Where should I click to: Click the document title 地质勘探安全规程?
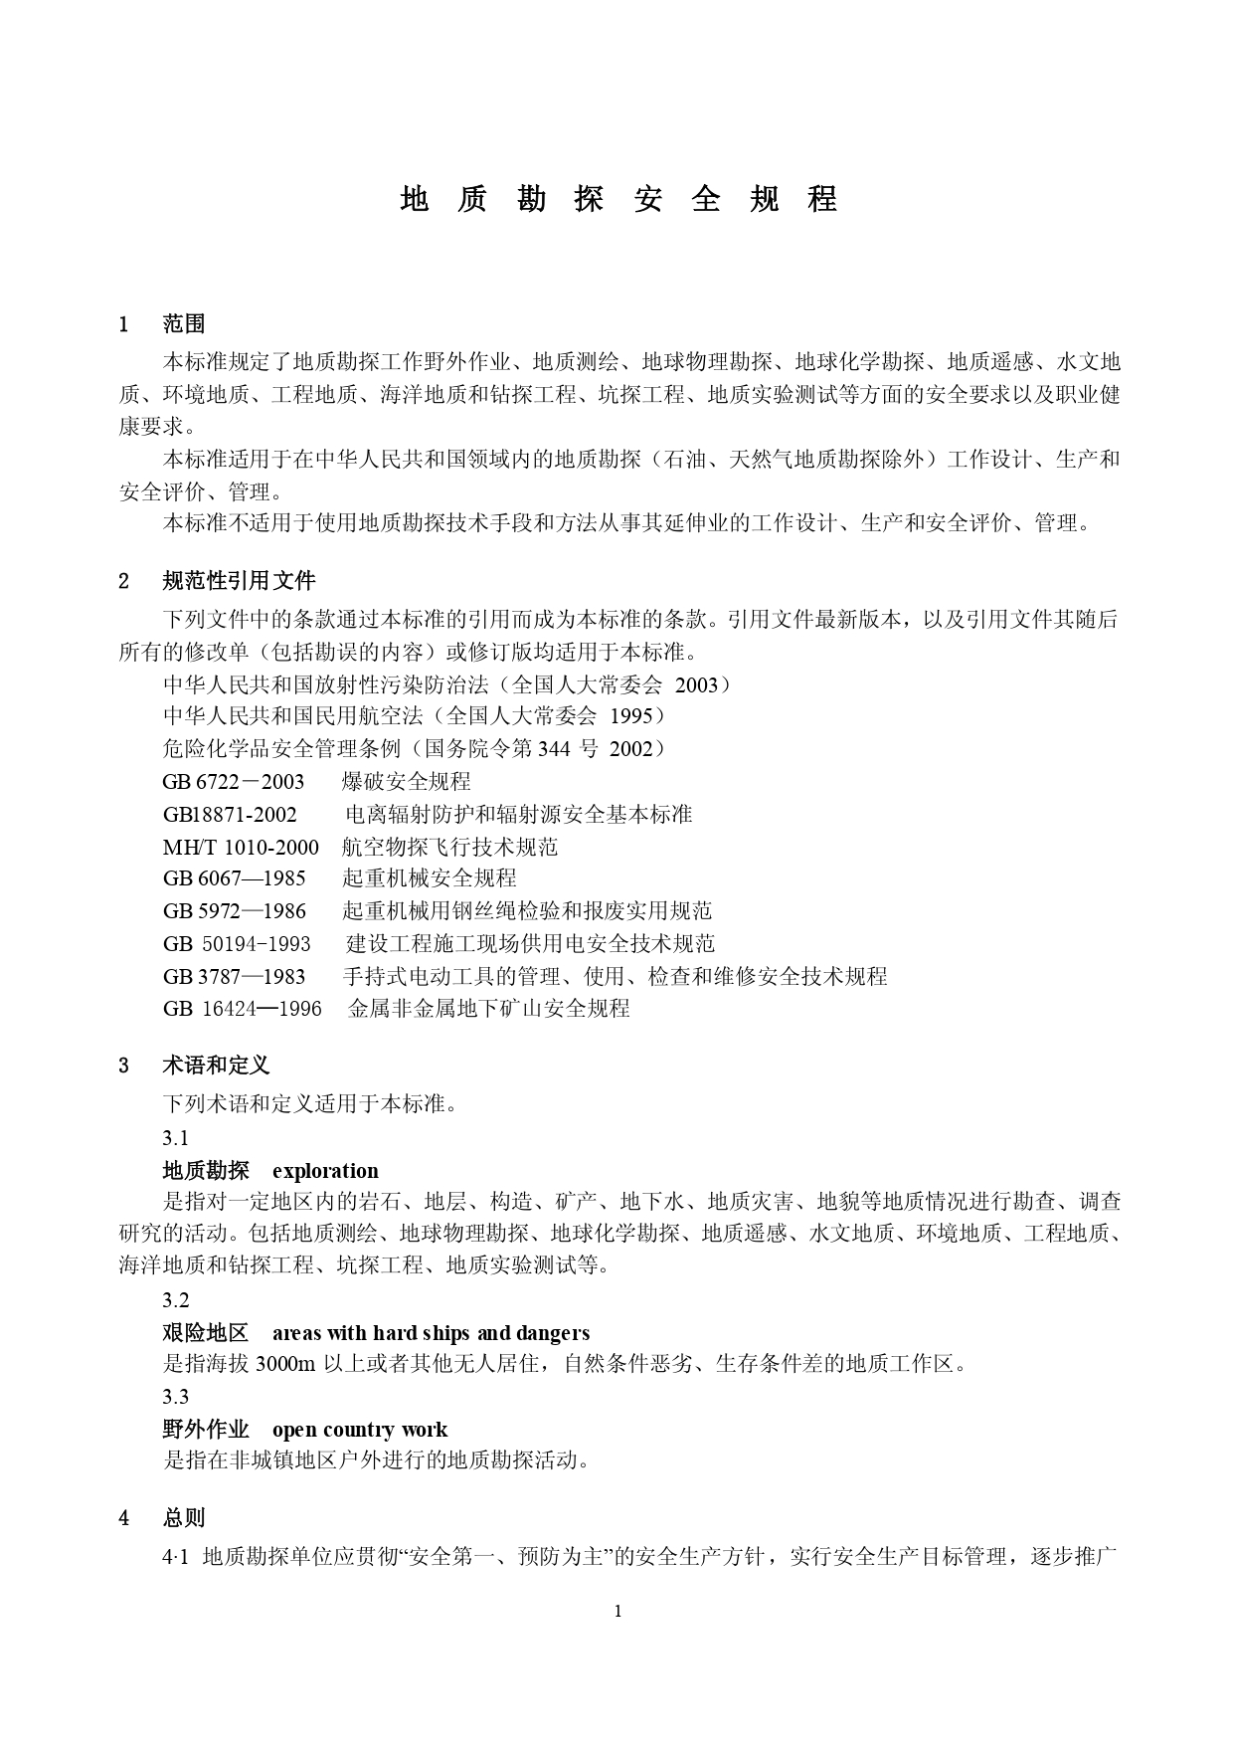(x=617, y=199)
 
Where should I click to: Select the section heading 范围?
(x=184, y=323)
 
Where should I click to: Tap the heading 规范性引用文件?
(x=239, y=581)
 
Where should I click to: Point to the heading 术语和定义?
(x=216, y=1066)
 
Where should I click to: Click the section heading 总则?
(x=184, y=1518)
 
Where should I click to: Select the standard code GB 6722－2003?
(x=234, y=782)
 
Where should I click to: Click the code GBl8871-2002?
(x=230, y=815)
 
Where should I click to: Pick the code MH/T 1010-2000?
(x=241, y=847)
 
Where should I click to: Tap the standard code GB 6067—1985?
(x=235, y=878)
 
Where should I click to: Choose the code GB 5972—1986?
(x=235, y=911)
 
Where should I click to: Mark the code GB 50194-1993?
(x=237, y=943)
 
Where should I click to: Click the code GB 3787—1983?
(x=235, y=976)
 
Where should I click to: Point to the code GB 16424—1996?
(x=242, y=1009)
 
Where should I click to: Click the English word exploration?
(x=325, y=1171)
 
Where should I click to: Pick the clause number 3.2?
(x=176, y=1300)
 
